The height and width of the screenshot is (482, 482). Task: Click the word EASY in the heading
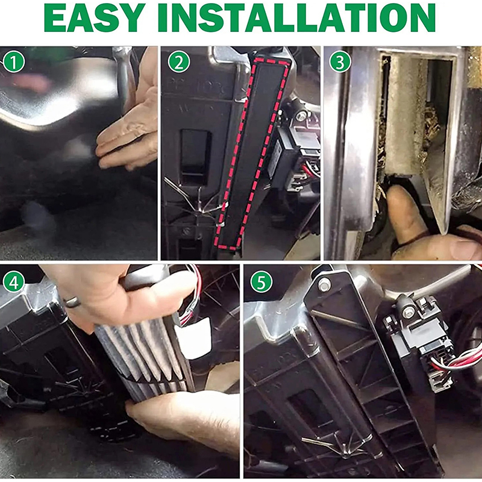click(x=95, y=18)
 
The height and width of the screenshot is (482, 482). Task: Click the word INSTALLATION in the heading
click(x=296, y=18)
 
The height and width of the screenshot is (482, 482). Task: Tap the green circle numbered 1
click(x=13, y=62)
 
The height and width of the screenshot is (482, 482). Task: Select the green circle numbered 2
click(x=178, y=62)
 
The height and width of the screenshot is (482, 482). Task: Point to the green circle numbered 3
click(x=340, y=62)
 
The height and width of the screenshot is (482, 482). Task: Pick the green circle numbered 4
click(x=13, y=282)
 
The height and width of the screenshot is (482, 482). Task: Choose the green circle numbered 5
click(x=261, y=282)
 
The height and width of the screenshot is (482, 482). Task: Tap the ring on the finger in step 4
click(x=72, y=302)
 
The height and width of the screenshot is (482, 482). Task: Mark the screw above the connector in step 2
click(x=301, y=116)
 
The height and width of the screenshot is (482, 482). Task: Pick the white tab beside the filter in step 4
click(x=194, y=337)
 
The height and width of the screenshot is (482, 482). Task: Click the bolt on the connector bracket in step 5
click(x=408, y=313)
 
